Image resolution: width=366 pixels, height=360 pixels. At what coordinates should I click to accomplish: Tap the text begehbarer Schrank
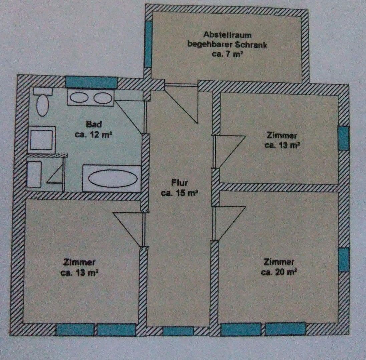[227, 44]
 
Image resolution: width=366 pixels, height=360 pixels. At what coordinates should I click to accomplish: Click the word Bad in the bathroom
[94, 124]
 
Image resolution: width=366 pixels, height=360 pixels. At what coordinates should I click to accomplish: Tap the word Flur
[179, 183]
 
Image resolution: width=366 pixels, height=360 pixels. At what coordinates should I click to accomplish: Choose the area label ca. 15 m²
[179, 193]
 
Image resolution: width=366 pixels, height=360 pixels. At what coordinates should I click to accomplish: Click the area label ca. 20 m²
[279, 272]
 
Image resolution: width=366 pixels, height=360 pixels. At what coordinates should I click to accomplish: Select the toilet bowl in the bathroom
[42, 105]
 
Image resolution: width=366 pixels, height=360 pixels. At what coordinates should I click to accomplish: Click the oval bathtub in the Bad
[112, 179]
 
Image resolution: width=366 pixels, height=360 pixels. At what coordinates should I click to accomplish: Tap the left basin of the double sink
[79, 98]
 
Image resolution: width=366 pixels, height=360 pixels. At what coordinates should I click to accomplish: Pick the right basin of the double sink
[102, 98]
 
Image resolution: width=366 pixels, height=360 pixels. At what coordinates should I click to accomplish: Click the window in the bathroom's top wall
[91, 82]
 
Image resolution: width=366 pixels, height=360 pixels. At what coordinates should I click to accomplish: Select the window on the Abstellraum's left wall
[148, 44]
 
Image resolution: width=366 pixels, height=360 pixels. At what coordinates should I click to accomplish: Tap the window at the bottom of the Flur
[178, 331]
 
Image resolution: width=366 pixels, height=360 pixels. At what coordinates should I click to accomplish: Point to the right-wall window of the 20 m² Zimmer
[344, 259]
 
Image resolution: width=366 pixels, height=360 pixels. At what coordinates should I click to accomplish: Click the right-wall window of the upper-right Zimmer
[343, 138]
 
